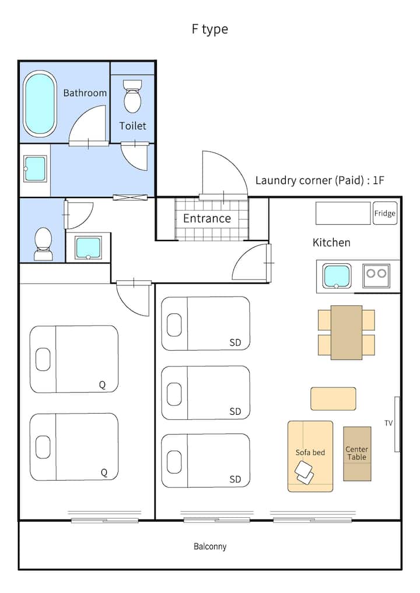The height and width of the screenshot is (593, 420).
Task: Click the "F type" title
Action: pos(209,29)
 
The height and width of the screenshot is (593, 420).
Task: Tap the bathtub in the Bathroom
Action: pos(40,104)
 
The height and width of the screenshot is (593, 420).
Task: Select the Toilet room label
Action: pos(132,126)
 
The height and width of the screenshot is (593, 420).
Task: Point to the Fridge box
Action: pos(385,213)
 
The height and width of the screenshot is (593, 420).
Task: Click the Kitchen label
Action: pos(331,242)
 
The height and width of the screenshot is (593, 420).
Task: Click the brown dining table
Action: pos(346,332)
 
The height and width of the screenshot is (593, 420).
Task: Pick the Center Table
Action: pos(357,454)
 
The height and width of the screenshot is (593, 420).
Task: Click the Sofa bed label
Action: pos(310,453)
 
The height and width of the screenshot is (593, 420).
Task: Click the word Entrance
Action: pos(207,218)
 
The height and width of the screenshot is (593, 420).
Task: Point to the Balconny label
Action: pos(210,546)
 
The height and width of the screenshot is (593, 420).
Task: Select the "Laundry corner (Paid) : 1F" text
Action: pos(320,180)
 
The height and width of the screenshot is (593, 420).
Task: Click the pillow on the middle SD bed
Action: pos(174,393)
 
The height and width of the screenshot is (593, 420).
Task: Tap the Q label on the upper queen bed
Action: pos(103,385)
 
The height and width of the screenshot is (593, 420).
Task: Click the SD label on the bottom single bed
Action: pos(235,479)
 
